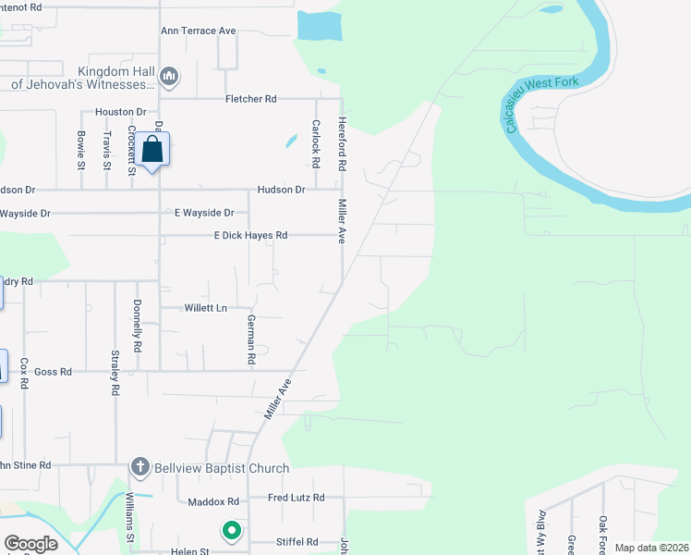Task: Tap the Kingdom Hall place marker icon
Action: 168,75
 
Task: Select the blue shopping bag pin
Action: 153,150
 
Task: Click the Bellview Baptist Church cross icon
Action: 139,468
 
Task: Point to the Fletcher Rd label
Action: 251,99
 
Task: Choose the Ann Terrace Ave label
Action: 199,31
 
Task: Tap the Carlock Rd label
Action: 316,143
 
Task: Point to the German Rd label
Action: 250,339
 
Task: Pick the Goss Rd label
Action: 53,372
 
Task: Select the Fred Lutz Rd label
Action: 296,498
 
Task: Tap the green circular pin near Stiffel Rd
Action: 231,531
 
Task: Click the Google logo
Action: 30,544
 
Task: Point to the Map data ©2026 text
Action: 651,548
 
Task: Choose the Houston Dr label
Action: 121,112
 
